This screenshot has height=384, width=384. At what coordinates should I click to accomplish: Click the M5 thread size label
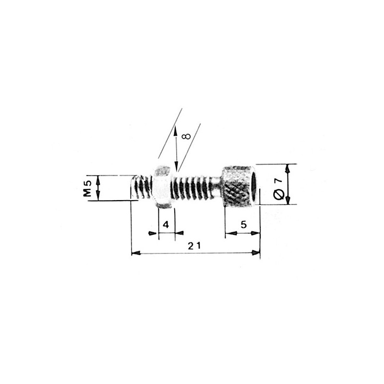87,188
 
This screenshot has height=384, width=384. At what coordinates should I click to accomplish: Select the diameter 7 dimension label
277,188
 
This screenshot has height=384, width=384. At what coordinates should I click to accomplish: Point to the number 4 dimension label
166,224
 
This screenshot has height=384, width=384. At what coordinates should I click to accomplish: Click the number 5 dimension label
243,224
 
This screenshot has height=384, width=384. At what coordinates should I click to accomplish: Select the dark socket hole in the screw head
253,186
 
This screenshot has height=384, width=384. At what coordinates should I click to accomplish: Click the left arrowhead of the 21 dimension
135,252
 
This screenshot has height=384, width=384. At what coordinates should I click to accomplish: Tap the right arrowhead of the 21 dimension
257,252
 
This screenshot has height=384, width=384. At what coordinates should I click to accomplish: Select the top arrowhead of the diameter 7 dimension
288,168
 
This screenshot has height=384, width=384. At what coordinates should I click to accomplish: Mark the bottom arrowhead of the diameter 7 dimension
288,202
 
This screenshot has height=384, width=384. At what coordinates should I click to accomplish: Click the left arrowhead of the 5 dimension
228,234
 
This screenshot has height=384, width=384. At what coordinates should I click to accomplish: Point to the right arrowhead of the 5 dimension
257,234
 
